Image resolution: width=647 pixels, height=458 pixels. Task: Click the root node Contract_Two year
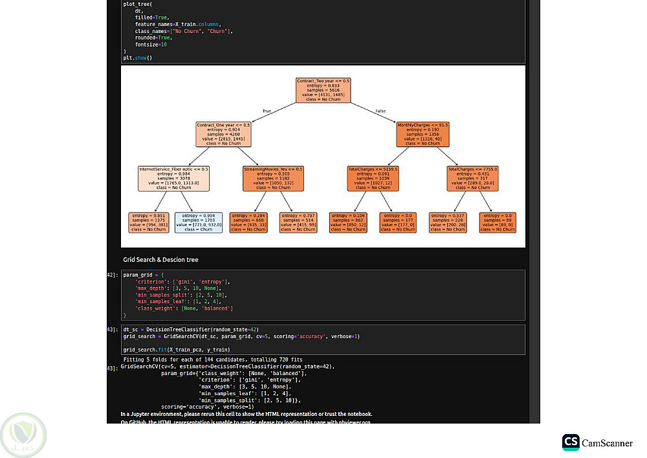pyautogui.click(x=323, y=90)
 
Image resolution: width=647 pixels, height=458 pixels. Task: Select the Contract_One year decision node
pyautogui.click(x=223, y=134)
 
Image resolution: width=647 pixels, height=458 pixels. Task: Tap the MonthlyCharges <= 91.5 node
pyautogui.click(x=422, y=134)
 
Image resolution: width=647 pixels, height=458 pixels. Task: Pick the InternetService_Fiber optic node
pyautogui.click(x=173, y=178)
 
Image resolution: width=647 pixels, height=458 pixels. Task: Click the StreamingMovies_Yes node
pyautogui.click(x=273, y=178)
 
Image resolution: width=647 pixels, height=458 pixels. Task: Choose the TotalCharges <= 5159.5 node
pyautogui.click(x=373, y=178)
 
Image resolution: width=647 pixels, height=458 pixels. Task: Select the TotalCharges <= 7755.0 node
pyautogui.click(x=472, y=178)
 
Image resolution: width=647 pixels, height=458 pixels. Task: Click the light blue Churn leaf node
pyautogui.click(x=198, y=222)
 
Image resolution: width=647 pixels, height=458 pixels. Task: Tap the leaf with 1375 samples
pyautogui.click(x=148, y=222)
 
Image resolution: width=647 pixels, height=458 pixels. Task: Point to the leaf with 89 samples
pyautogui.click(x=498, y=222)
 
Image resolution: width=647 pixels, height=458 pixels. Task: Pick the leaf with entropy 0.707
pyautogui.click(x=298, y=222)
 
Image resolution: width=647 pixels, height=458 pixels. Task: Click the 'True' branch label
pyautogui.click(x=266, y=111)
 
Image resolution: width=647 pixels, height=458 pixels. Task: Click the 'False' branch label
pyautogui.click(x=380, y=111)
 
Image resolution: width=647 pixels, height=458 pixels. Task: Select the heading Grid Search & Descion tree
pyautogui.click(x=160, y=260)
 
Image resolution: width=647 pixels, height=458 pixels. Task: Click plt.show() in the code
pyautogui.click(x=137, y=58)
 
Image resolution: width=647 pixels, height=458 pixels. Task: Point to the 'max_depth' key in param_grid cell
pyautogui.click(x=149, y=289)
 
